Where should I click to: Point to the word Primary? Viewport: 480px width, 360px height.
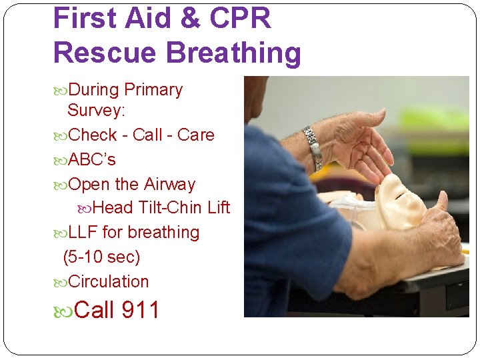click(153, 89)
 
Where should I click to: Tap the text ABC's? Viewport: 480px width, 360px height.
click(92, 160)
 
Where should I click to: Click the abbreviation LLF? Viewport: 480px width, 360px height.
click(83, 232)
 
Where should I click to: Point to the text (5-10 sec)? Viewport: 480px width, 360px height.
click(101, 257)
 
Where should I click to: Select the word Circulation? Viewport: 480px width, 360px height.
click(109, 281)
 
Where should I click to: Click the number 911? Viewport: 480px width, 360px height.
click(141, 310)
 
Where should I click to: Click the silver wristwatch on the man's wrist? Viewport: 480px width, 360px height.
click(312, 147)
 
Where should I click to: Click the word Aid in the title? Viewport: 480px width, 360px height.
click(139, 18)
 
